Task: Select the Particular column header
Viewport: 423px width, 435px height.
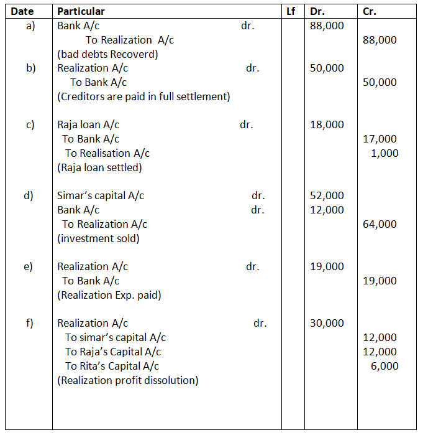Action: click(x=81, y=11)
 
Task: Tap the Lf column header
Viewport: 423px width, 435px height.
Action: click(x=291, y=11)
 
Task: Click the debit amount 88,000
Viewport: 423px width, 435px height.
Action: click(x=327, y=26)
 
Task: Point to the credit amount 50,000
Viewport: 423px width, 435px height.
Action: click(x=380, y=82)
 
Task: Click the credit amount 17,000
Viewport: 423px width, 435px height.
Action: click(x=380, y=139)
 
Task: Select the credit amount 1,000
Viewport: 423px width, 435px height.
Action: click(x=384, y=153)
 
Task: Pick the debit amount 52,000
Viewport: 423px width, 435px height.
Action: click(x=327, y=195)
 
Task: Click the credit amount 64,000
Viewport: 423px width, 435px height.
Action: click(x=380, y=224)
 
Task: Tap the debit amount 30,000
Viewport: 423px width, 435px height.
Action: click(x=327, y=323)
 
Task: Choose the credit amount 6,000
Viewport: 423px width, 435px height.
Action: click(x=384, y=366)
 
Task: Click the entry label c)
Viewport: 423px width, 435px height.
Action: click(x=30, y=124)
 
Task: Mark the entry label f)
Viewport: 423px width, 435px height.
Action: click(x=30, y=323)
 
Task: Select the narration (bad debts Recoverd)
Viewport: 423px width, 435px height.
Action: click(x=107, y=54)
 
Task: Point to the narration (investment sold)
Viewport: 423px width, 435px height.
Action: click(x=98, y=238)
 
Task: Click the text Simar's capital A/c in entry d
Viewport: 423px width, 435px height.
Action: click(x=101, y=195)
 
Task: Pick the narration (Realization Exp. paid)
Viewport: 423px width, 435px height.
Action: click(x=109, y=295)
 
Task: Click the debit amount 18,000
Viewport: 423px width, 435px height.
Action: click(x=327, y=124)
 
